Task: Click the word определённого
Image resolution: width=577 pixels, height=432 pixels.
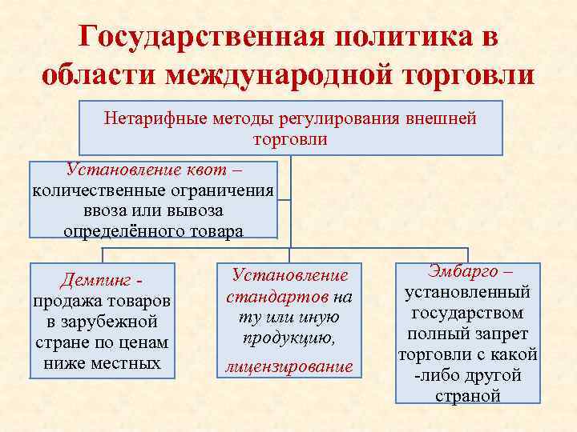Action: coord(117,232)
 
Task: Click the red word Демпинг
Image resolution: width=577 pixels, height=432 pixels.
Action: coord(95,280)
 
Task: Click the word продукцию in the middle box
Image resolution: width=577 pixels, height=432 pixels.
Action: coord(288,338)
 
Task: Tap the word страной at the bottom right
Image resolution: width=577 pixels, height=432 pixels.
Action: coord(467,396)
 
